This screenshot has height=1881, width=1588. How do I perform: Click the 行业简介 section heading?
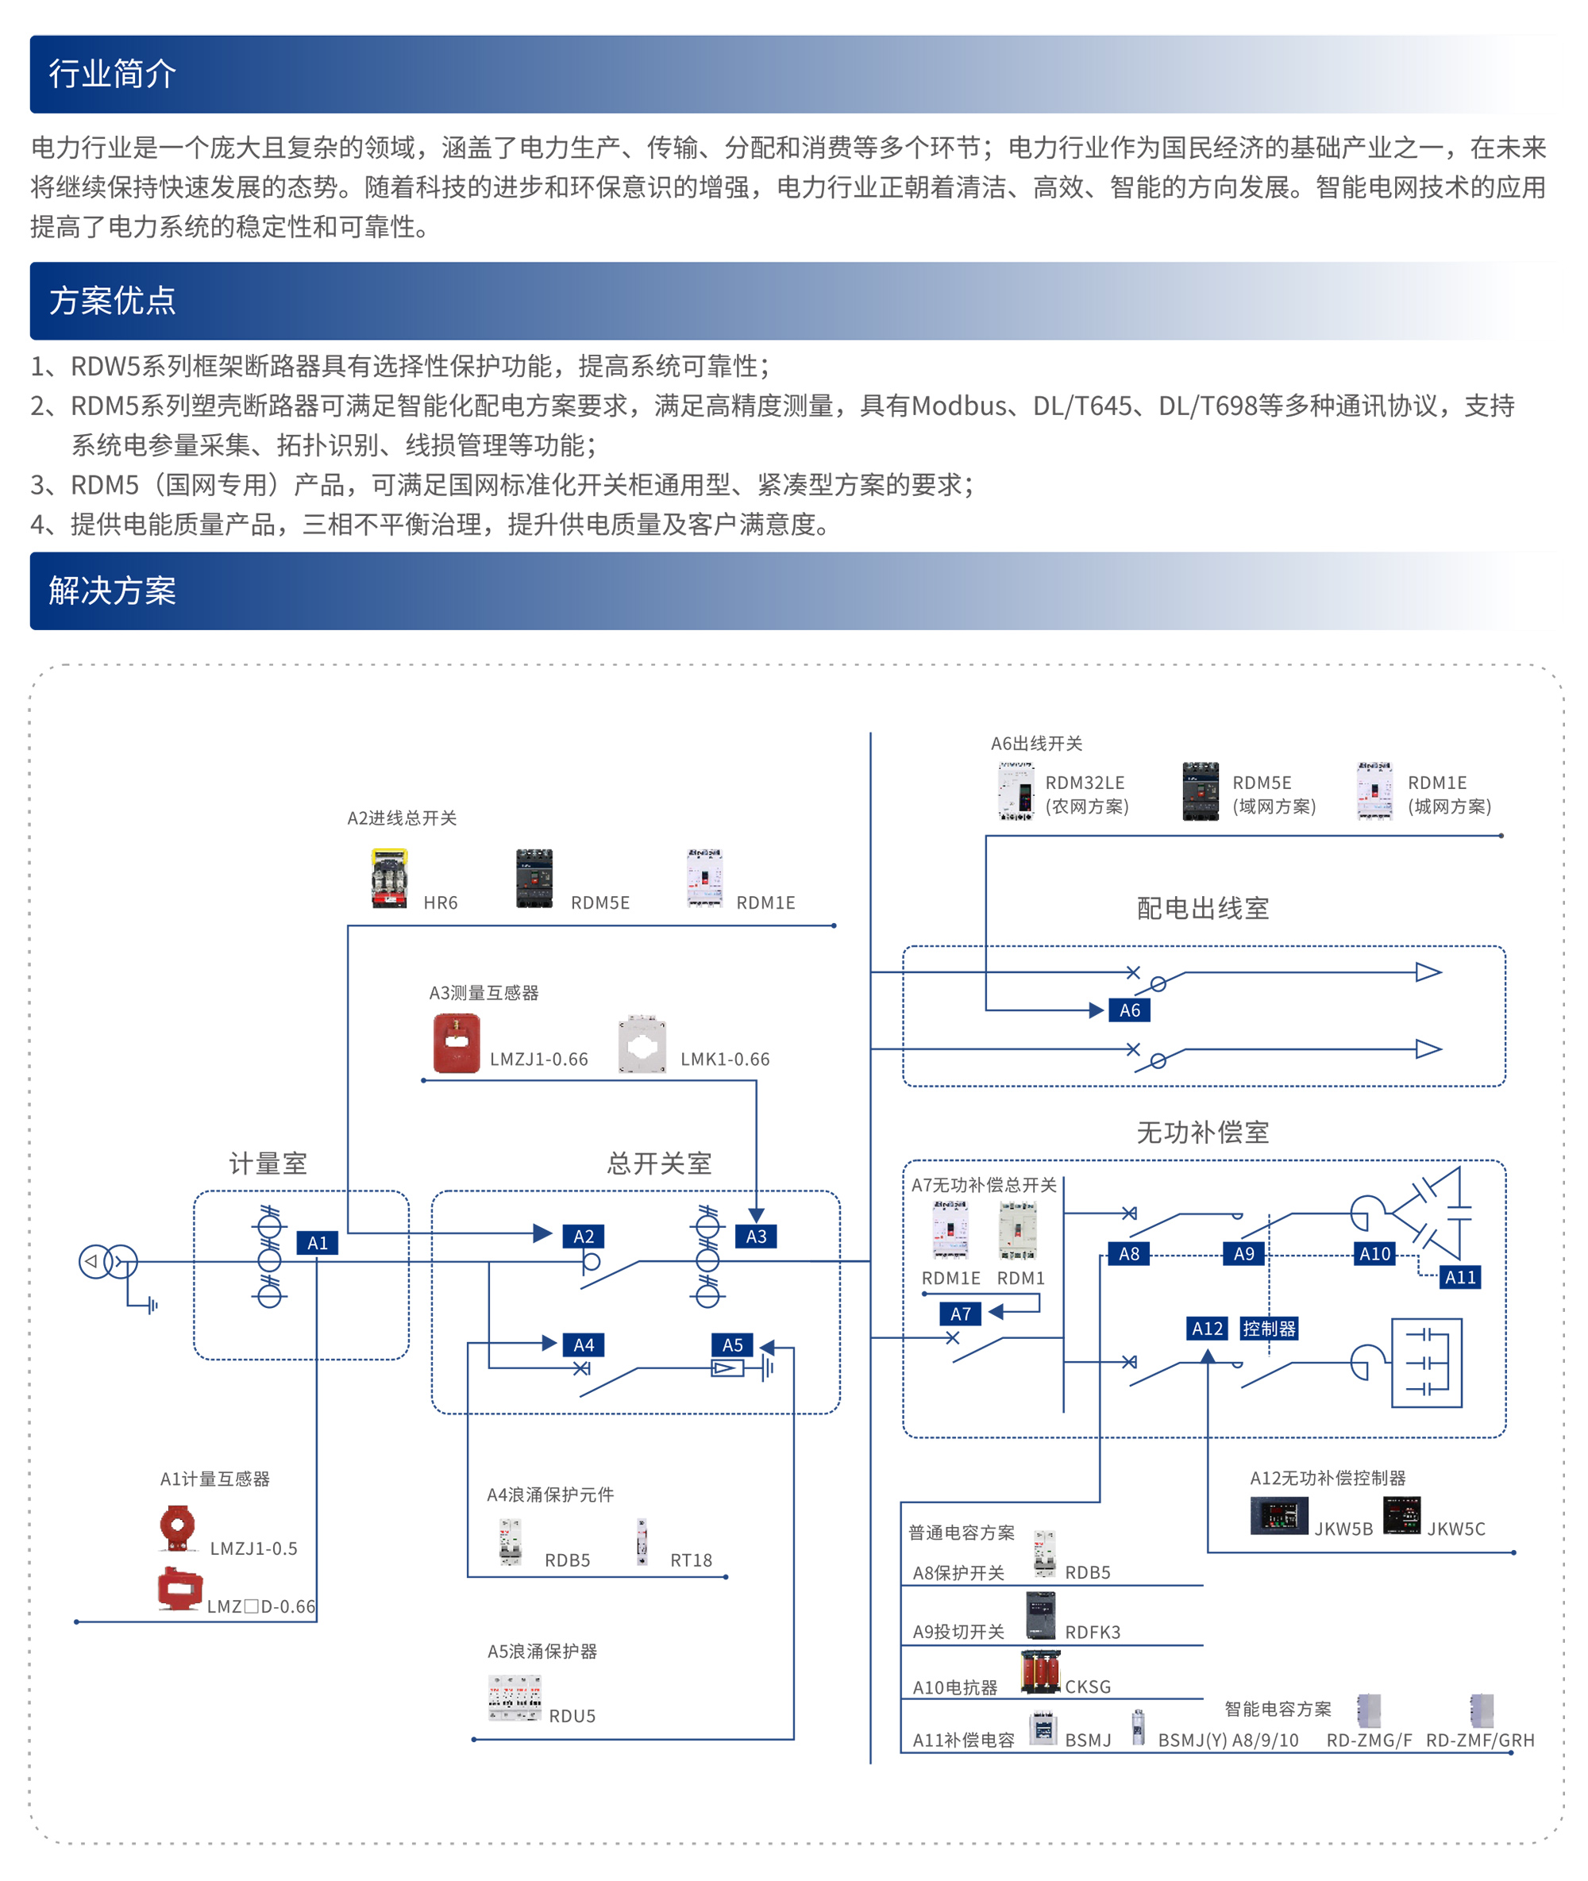click(112, 74)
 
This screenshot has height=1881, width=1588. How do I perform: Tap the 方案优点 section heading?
click(112, 301)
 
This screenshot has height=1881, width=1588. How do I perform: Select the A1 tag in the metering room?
click(317, 1243)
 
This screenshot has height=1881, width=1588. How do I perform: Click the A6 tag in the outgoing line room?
click(1129, 1010)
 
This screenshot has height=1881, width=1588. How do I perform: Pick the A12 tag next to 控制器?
click(1206, 1329)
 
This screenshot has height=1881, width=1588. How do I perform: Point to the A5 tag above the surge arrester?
click(732, 1344)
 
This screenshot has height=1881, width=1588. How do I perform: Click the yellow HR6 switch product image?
click(389, 878)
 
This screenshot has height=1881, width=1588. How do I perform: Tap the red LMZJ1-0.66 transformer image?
click(457, 1043)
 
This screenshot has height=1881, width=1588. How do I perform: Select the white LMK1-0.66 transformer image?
click(642, 1044)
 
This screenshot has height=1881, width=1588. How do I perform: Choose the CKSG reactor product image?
click(1041, 1672)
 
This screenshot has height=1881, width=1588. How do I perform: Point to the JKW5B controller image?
click(1278, 1516)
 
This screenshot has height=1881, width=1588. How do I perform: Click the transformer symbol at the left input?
click(108, 1262)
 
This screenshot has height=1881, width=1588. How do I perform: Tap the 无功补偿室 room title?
click(1203, 1133)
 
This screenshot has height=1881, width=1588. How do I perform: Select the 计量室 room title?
click(268, 1164)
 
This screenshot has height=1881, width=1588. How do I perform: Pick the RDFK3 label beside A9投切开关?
click(1092, 1633)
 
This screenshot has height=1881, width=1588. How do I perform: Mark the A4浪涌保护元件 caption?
click(550, 1495)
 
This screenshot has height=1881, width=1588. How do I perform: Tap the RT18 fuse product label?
click(691, 1560)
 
